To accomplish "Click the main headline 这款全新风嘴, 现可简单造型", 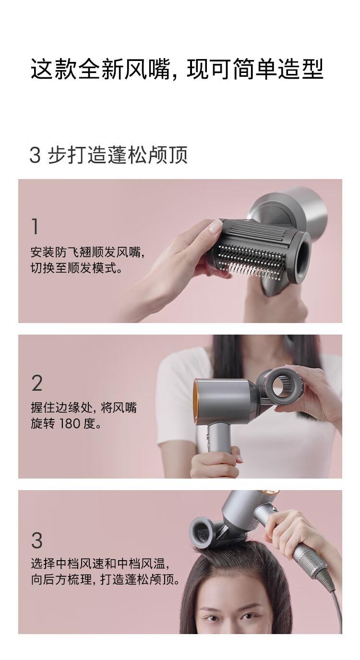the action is pyautogui.click(x=177, y=70).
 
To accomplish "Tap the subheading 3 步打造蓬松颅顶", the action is pyautogui.click(x=108, y=155).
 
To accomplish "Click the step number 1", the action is pyautogui.click(x=36, y=226).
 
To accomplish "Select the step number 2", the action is pyautogui.click(x=37, y=383).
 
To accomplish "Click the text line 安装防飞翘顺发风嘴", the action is pyautogui.click(x=87, y=252).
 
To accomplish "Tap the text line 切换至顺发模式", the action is pyautogui.click(x=76, y=268).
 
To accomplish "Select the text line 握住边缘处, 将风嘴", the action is pyautogui.click(x=84, y=408).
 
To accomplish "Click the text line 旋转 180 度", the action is pyautogui.click(x=66, y=424).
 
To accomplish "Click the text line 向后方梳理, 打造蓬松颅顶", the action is pyautogui.click(x=105, y=579).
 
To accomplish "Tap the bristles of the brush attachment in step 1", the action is pyautogui.click(x=251, y=262).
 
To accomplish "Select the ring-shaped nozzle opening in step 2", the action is pyautogui.click(x=284, y=384).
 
